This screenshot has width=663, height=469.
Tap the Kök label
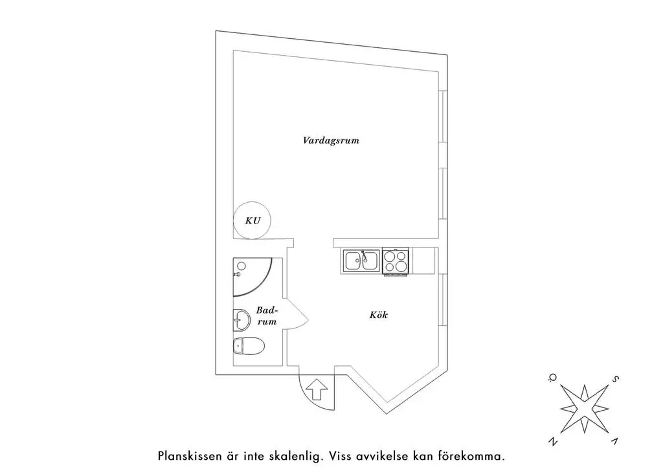(379, 315)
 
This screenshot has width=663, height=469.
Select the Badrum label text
(267, 315)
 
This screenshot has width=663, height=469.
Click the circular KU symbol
(253, 220)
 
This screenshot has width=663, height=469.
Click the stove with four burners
(396, 261)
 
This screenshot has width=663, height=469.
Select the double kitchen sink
(361, 260)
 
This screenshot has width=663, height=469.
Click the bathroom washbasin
(241, 318)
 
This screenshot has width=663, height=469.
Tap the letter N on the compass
(553, 442)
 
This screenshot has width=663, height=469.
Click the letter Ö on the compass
(552, 378)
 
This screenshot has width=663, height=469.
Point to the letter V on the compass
(614, 440)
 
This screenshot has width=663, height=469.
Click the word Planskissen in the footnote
(188, 455)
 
